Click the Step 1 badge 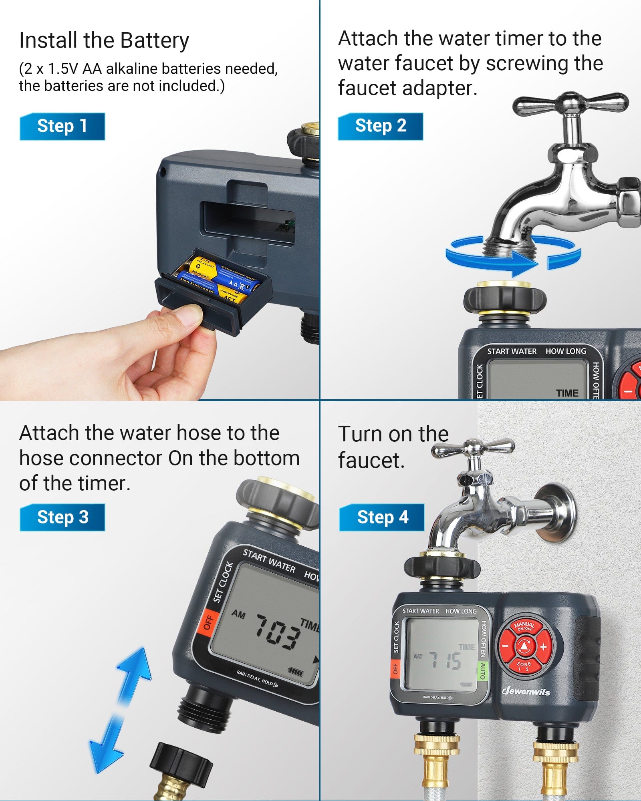pos(62,126)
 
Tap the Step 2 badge pos(380,126)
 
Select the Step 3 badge pos(62,517)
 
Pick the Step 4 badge pos(381,517)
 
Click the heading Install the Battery pos(104,40)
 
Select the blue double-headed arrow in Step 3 pos(120,709)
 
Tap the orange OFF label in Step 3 pos(208,622)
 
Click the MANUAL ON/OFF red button pos(524,626)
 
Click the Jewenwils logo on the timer pos(526,691)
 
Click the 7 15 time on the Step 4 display pos(445,660)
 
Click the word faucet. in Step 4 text pos(371,461)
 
